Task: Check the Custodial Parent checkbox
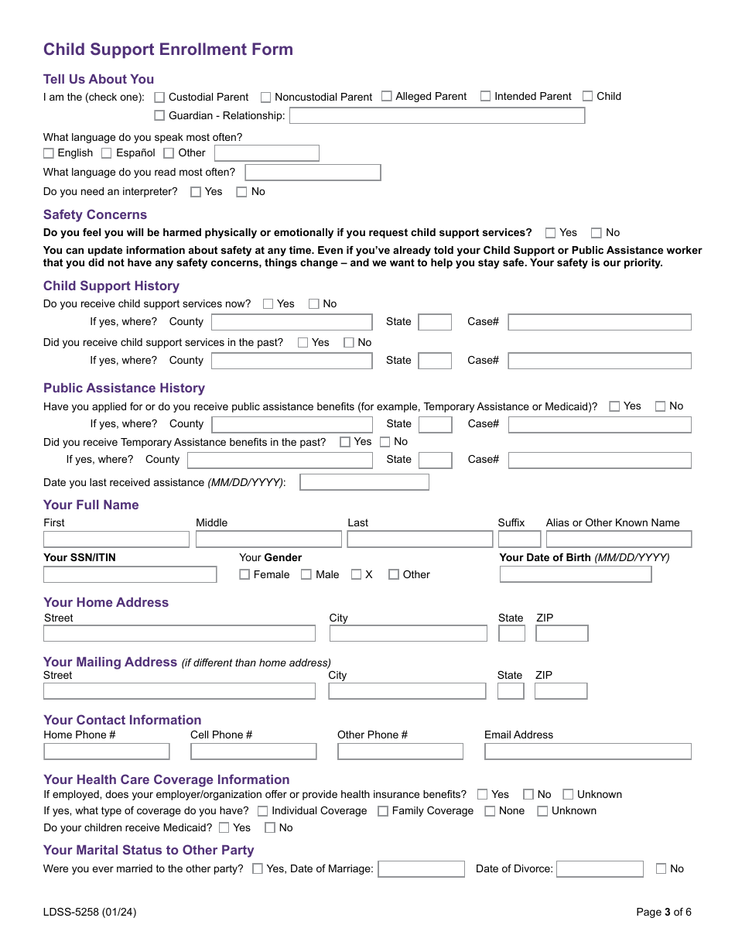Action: tap(159, 98)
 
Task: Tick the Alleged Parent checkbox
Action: tap(387, 96)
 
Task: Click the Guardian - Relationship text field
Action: tap(436, 116)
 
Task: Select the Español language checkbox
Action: tap(107, 153)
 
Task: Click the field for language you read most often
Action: tap(313, 173)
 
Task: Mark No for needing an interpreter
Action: tap(241, 192)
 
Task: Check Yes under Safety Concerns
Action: tap(550, 233)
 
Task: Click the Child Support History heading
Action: tap(111, 286)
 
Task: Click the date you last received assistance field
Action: tap(364, 483)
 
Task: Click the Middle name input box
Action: tap(268, 539)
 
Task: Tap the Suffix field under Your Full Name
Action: tap(518, 539)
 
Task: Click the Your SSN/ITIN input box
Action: tap(129, 575)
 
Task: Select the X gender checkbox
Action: tap(356, 575)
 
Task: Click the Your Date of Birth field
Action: tap(575, 574)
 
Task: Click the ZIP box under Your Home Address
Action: tap(561, 634)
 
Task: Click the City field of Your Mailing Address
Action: tap(407, 691)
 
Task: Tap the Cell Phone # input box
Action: tap(253, 752)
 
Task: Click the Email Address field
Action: tap(587, 752)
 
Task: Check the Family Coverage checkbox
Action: tap(383, 811)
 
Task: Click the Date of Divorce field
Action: tap(599, 869)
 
